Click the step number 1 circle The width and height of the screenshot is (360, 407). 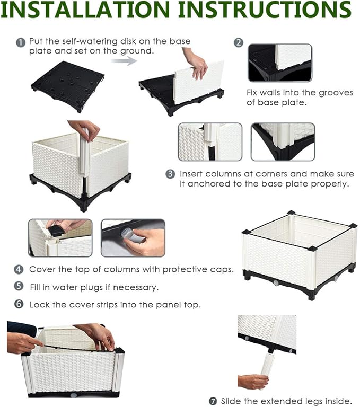coord(21,42)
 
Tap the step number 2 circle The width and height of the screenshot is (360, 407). coord(239,42)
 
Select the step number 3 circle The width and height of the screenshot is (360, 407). coord(170,174)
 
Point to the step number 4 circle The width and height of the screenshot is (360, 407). coord(19,269)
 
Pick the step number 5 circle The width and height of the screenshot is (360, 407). coord(19,286)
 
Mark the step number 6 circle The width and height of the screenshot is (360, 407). coord(19,304)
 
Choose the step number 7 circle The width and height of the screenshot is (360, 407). coord(213,401)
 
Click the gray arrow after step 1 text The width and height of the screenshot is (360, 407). coord(124,61)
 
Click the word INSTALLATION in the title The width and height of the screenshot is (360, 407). coord(85,10)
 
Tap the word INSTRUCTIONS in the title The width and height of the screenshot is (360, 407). coord(265,10)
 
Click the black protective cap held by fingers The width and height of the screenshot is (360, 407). coord(55,230)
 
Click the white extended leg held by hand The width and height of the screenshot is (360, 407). coord(267,368)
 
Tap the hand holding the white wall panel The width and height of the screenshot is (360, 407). coord(197,63)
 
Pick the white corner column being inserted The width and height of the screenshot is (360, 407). coord(85,154)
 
